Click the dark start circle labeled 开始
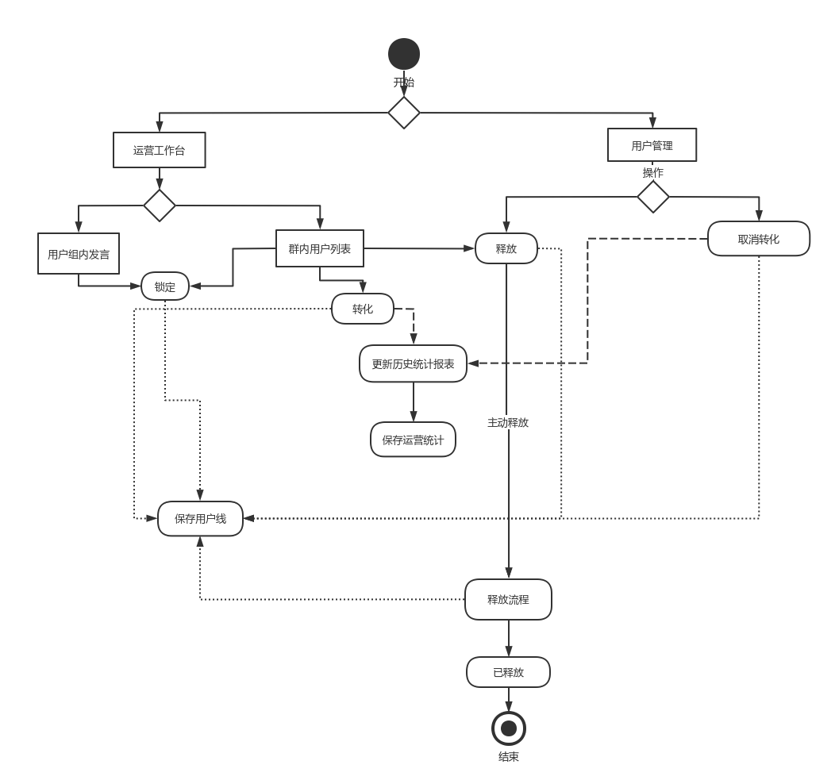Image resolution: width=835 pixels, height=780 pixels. pos(404,54)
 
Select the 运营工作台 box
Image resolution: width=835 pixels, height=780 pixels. pos(159,150)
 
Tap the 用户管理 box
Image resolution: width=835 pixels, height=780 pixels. pos(652,145)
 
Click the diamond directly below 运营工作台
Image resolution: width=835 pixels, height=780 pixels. pos(159,206)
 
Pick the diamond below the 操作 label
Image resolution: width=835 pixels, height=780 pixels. pos(653,197)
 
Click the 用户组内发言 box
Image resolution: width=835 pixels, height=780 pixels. pos(79,254)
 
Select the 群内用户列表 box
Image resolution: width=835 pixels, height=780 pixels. pos(319,248)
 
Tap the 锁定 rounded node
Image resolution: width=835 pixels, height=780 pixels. pos(165,286)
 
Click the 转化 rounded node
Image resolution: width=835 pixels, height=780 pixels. pos(362,309)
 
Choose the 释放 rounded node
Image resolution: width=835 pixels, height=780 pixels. pos(506,248)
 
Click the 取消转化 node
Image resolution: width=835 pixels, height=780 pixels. pos(758,239)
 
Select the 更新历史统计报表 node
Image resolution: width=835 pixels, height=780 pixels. pos(413,363)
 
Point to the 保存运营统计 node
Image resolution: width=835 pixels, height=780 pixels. pos(413,440)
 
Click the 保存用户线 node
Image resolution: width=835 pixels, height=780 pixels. pos(200,519)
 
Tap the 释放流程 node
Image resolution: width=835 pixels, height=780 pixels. pos(508,599)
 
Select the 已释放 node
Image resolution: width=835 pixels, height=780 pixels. pos(508,672)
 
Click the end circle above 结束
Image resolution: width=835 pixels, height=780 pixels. pos(509,728)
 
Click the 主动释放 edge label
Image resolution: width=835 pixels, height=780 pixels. pos(508,422)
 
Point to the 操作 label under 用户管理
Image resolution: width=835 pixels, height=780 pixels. pos(653,172)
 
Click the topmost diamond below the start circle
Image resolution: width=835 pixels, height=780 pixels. pos(404,113)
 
